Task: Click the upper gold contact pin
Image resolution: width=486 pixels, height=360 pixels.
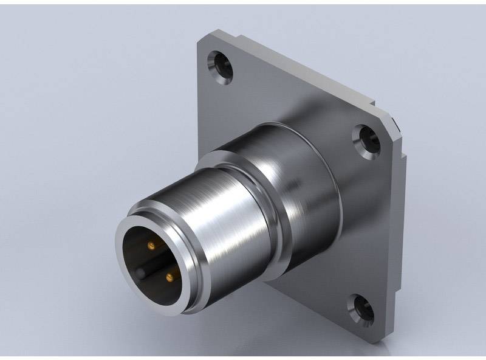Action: (150, 245)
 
